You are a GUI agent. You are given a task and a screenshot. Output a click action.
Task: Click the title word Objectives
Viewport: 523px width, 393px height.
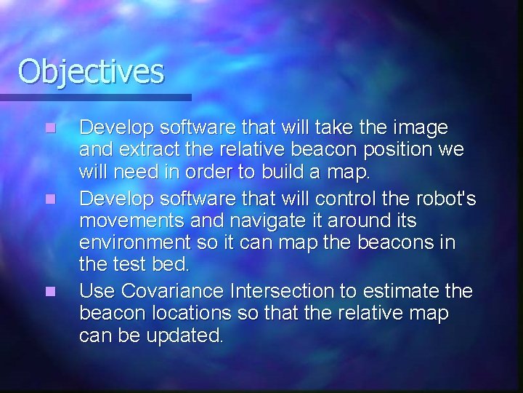click(x=92, y=71)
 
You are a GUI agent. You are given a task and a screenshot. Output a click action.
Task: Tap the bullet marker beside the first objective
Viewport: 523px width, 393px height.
click(x=49, y=128)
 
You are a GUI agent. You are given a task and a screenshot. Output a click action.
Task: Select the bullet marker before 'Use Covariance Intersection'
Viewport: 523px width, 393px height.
click(x=49, y=291)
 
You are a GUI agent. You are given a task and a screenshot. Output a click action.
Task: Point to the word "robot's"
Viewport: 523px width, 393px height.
click(x=448, y=199)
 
